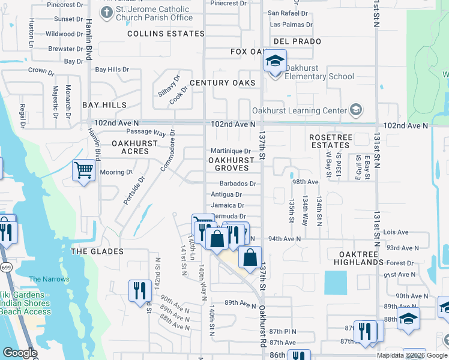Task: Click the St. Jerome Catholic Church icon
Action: point(107,13)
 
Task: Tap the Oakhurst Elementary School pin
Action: point(275,62)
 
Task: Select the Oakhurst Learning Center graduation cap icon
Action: point(356,110)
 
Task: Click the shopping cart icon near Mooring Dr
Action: point(84,171)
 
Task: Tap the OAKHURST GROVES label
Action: point(231,164)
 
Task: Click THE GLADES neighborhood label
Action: point(97,251)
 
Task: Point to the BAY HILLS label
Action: point(105,104)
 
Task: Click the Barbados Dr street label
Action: point(238,184)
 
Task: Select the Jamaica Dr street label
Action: point(226,205)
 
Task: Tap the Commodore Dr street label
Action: point(167,151)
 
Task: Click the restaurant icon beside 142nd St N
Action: point(140,290)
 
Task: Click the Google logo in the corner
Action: point(19,353)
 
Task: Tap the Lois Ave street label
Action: point(396,232)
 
